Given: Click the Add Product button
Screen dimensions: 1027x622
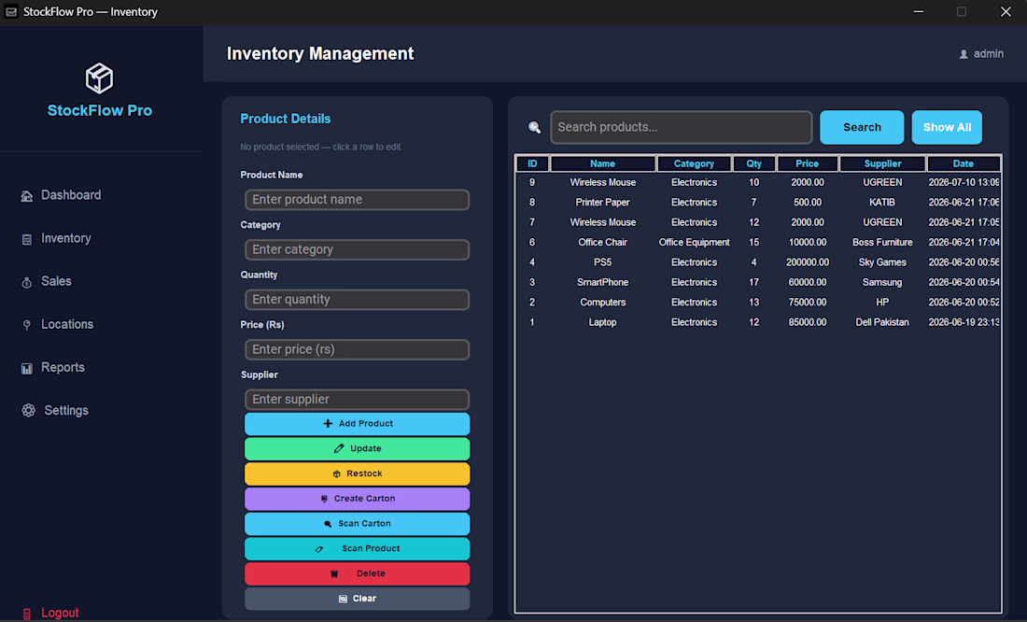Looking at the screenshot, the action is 357,424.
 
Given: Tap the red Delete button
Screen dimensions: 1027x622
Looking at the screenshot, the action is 357,573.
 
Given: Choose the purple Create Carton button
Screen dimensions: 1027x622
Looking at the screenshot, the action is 357,499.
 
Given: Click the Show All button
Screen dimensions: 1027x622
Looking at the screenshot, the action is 947,127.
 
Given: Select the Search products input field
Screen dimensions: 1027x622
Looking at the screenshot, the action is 682,127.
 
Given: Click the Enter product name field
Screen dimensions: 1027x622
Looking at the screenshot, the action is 357,200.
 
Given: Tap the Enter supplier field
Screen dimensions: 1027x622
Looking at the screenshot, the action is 357,399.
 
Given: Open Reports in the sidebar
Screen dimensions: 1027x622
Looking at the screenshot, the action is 63,368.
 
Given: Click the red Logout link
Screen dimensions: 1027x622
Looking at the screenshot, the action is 60,613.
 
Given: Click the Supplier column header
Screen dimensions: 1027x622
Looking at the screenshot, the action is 882,163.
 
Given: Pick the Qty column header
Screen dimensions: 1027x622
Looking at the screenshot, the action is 753,163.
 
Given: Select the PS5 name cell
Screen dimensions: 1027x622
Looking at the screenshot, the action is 602,262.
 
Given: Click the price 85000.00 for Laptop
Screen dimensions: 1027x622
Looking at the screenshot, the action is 807,322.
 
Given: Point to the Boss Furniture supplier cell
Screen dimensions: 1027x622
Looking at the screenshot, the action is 882,243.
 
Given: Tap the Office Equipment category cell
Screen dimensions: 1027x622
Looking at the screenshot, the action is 694,243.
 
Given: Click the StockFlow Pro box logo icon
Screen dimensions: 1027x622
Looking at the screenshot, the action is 100,78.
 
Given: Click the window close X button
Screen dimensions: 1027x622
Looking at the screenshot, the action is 1006,12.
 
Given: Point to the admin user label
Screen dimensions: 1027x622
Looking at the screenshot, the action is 988,54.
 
